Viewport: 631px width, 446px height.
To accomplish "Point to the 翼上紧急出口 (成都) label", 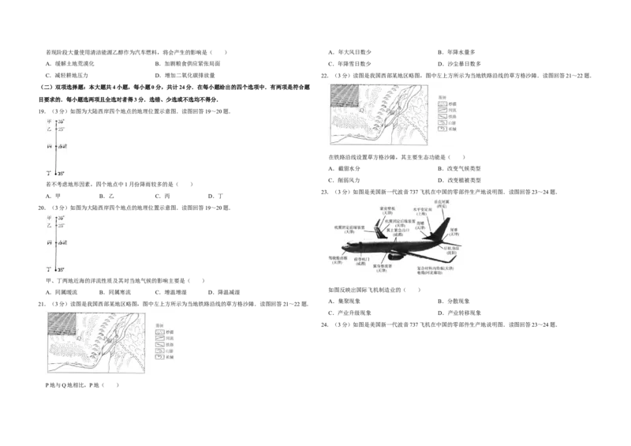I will (x=397, y=233).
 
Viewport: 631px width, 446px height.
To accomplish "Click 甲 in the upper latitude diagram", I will (x=48, y=122).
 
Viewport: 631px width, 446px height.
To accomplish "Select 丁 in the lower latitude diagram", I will (x=48, y=270).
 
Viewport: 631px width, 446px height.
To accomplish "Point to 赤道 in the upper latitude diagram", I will (x=63, y=148).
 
